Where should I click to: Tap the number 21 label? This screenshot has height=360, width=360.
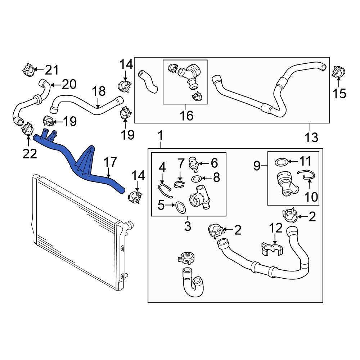(51, 69)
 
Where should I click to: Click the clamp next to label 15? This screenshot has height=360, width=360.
(337, 72)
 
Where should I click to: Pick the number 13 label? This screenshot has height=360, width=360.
(312, 137)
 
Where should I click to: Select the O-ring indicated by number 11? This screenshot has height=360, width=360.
(281, 162)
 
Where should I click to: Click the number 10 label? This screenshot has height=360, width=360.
(312, 197)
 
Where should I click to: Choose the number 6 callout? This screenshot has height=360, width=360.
(214, 163)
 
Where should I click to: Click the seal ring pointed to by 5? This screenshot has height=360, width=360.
(180, 207)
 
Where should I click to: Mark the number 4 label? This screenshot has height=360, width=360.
(162, 167)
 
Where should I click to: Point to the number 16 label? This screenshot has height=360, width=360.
(186, 116)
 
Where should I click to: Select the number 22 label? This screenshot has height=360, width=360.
(30, 154)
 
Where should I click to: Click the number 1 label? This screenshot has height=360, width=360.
(161, 136)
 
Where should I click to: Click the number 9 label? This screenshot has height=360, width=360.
(257, 166)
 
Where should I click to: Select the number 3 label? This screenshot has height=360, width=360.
(188, 227)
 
